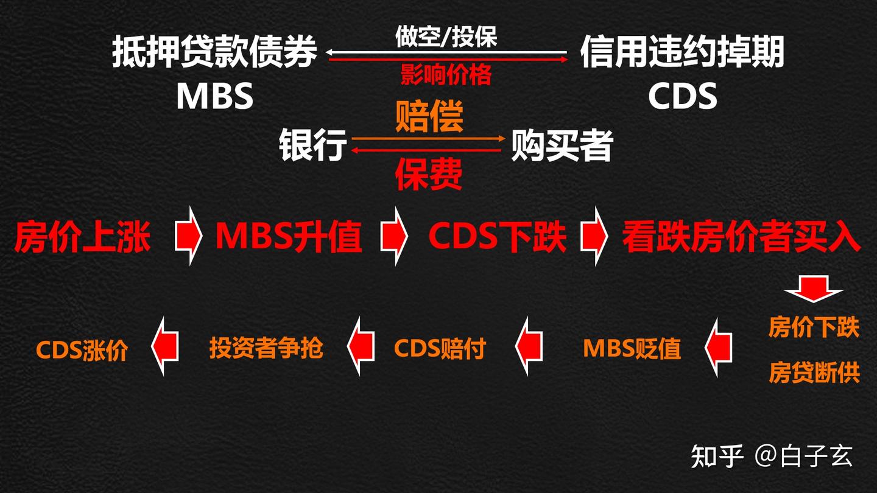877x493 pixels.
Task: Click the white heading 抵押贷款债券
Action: tap(214, 52)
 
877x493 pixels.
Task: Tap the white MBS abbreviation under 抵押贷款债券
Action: tap(214, 96)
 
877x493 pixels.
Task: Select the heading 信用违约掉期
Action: tap(682, 52)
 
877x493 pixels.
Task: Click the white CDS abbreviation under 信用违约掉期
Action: tap(682, 96)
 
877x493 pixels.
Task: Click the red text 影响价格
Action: tap(446, 75)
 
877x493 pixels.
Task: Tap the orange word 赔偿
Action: tap(429, 116)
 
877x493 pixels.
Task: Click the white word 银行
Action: tap(313, 145)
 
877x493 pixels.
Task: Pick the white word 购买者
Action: tap(562, 145)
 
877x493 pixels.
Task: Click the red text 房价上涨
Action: tap(82, 236)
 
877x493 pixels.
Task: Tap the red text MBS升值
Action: tap(289, 236)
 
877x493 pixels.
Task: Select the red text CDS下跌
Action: tap(497, 236)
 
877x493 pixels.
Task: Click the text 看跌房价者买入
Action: tap(741, 236)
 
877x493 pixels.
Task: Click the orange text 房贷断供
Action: tap(814, 372)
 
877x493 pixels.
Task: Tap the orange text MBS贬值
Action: tap(632, 348)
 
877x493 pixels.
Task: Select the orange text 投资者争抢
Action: tap(266, 348)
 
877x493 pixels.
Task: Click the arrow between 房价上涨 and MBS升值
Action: tap(189, 236)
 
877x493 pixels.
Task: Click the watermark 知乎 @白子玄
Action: tap(772, 455)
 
